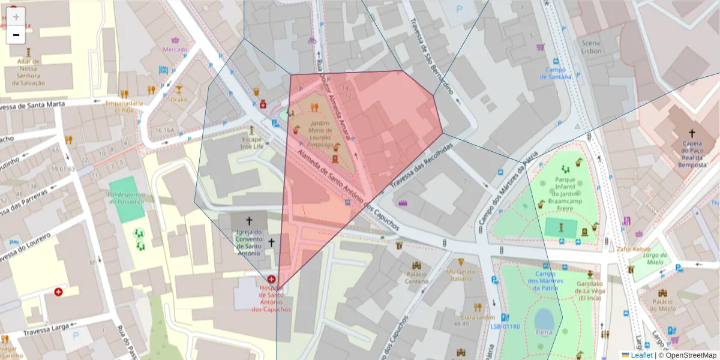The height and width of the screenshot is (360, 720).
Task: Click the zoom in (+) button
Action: (16, 16)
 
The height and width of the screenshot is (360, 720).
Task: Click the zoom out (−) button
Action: (16, 35)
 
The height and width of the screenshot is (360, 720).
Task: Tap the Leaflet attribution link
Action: (641, 355)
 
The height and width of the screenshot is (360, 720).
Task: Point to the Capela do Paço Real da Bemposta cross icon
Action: (691, 133)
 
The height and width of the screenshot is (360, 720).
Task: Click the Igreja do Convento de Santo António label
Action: (248, 242)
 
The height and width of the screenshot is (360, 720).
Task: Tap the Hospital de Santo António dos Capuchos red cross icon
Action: (272, 279)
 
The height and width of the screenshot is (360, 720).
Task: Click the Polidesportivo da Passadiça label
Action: (126, 198)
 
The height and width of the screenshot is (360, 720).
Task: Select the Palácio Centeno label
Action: (416, 277)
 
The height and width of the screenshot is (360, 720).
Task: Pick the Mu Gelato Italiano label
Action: (461, 275)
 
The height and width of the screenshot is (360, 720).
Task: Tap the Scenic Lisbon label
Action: (591, 47)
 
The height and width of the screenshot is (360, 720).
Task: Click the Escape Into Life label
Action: (252, 143)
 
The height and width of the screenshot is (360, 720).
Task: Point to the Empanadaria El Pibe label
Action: (124, 106)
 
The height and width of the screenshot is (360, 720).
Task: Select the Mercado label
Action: (175, 49)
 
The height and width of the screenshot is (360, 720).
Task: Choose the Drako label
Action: (178, 99)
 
